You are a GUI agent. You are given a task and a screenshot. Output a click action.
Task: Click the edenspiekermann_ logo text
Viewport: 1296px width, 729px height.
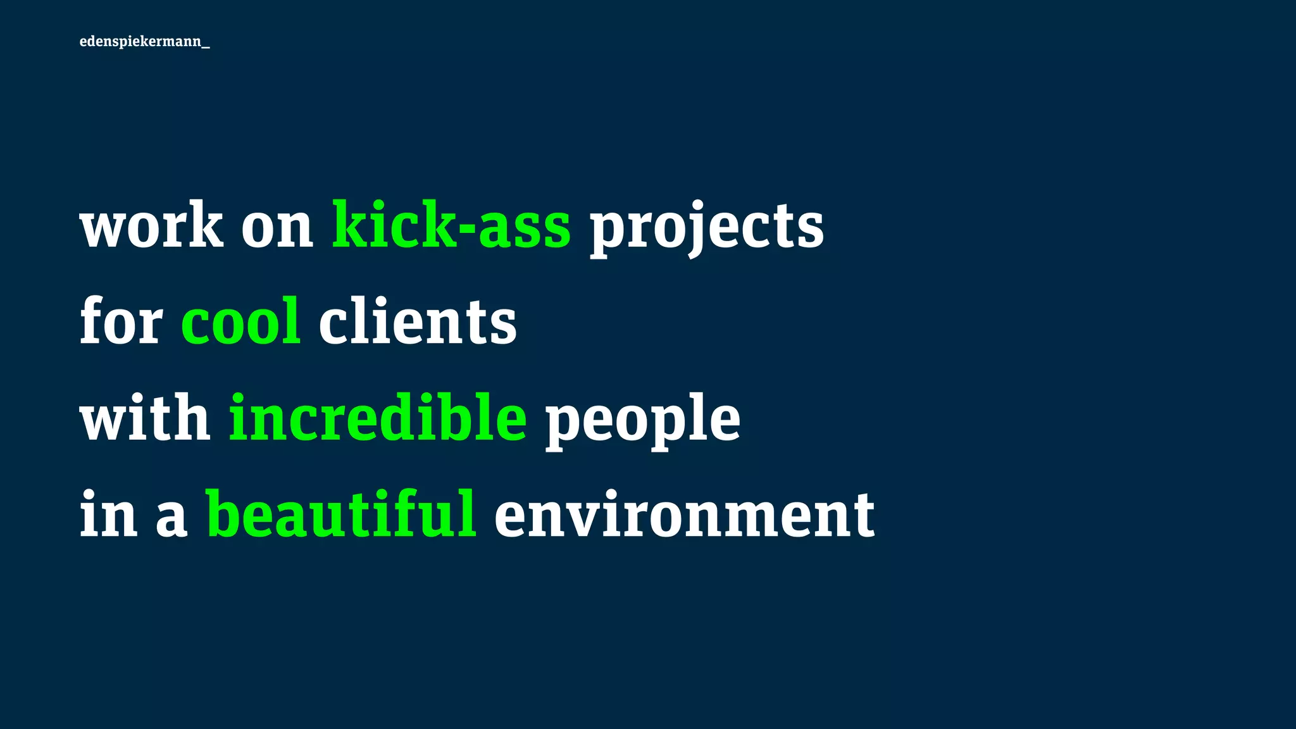[x=144, y=42]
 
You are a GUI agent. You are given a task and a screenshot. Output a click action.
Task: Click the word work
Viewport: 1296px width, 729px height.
[x=151, y=225]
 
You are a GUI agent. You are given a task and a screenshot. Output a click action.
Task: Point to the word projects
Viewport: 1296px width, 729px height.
[x=707, y=228]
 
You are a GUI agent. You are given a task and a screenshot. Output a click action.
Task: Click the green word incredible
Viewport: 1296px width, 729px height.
[x=378, y=418]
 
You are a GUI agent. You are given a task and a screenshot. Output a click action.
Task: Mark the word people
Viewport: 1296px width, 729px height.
[x=642, y=420]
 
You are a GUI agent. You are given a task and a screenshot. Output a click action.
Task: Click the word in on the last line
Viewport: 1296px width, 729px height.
[x=108, y=514]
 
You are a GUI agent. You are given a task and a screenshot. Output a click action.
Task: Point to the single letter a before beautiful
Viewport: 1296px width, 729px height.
[x=171, y=518]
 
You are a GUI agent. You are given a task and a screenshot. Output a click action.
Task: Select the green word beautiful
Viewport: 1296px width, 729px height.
[x=342, y=514]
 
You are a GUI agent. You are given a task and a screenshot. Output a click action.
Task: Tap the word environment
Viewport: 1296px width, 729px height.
[x=684, y=516]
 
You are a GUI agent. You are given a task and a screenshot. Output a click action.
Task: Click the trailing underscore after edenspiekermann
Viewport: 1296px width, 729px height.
[x=206, y=47]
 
